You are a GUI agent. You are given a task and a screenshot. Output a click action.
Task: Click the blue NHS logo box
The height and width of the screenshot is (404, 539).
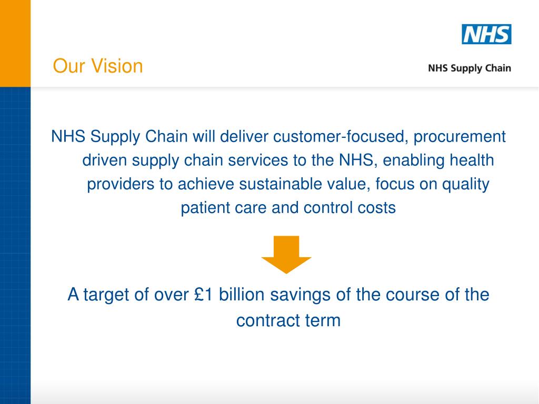pyautogui.click(x=486, y=34)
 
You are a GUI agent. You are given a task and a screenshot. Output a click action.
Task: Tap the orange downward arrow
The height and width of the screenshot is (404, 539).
pyautogui.click(x=286, y=254)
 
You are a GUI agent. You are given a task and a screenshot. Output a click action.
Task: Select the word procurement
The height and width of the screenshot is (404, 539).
pyautogui.click(x=460, y=137)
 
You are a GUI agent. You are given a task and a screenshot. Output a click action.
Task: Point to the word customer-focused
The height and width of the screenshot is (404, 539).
pyautogui.click(x=341, y=137)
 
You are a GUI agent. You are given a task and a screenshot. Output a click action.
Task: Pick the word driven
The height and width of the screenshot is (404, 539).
pyautogui.click(x=105, y=160)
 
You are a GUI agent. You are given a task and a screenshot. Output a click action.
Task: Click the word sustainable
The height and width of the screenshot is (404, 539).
pyautogui.click(x=279, y=184)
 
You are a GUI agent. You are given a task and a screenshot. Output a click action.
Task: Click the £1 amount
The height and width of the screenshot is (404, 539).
pyautogui.click(x=203, y=295)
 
